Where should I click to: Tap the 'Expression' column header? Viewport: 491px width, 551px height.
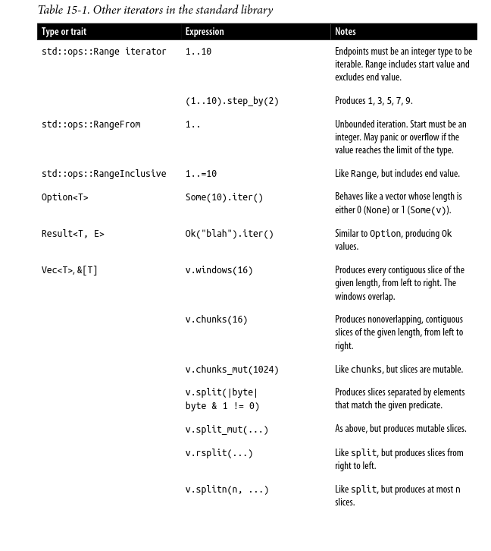[x=205, y=32]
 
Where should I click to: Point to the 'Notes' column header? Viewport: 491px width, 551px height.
[x=346, y=32]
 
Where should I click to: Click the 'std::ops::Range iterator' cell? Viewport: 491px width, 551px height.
[x=104, y=52]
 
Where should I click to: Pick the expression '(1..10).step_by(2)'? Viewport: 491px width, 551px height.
[x=232, y=101]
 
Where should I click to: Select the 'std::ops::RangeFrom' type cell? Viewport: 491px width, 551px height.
[x=91, y=124]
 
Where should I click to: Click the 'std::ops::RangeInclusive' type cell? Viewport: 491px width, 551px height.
[x=104, y=174]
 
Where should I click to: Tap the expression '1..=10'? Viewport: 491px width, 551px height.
[x=201, y=174]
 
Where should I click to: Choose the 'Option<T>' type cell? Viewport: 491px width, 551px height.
[x=65, y=197]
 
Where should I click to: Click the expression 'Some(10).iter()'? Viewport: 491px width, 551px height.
[x=224, y=197]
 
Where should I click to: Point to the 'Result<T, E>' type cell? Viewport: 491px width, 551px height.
[x=73, y=234]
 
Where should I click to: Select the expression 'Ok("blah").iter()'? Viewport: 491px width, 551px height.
[x=230, y=234]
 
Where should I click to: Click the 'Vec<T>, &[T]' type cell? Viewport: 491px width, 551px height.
[x=70, y=270]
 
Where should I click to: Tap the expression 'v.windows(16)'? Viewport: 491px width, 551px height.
[x=219, y=270]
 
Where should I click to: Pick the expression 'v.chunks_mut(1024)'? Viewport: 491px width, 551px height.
[x=232, y=370]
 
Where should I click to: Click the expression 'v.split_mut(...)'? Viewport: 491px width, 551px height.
[x=227, y=430]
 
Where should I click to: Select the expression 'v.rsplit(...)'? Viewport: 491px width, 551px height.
[x=219, y=453]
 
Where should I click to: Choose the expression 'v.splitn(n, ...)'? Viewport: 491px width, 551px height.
[x=227, y=490]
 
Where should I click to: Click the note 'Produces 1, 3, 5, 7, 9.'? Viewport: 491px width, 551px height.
[x=374, y=101]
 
